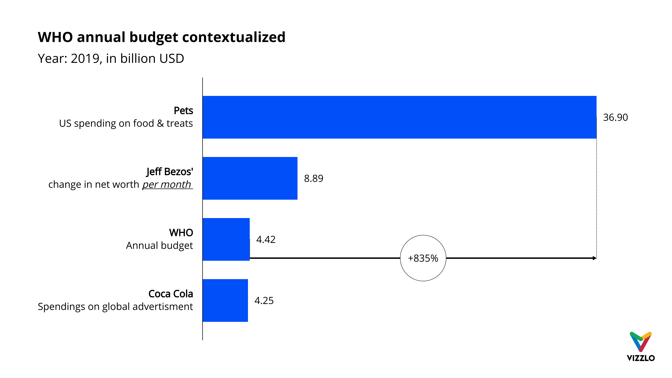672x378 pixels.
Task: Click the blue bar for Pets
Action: [x=399, y=117]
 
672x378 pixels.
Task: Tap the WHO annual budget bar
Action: [x=226, y=239]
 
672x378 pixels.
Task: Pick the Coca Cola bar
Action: [x=225, y=300]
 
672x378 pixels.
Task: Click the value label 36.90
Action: [x=615, y=117]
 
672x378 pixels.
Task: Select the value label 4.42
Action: [x=266, y=239]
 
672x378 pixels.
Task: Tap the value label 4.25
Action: [x=264, y=300]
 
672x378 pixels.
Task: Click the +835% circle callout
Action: [x=423, y=258]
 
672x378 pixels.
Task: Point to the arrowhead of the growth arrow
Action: [x=594, y=258]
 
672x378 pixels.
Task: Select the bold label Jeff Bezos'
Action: [x=170, y=172]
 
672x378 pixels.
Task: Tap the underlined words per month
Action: [x=167, y=184]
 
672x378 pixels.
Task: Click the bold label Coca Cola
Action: [x=171, y=294]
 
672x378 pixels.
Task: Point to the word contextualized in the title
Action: [x=233, y=37]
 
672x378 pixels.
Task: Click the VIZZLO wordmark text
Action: [x=640, y=358]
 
